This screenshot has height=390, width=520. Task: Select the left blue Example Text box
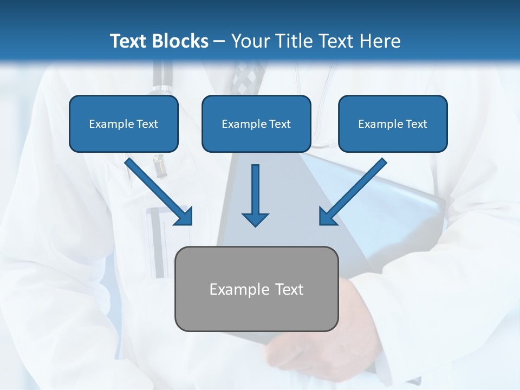pyautogui.click(x=123, y=123)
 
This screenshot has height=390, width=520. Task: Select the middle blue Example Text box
pyautogui.click(x=256, y=123)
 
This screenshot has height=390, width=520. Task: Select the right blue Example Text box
pyautogui.click(x=393, y=123)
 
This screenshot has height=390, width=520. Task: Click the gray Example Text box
pyautogui.click(x=256, y=289)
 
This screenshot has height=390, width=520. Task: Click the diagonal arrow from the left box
pyautogui.click(x=157, y=190)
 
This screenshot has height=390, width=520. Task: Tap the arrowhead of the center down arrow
pyautogui.click(x=255, y=219)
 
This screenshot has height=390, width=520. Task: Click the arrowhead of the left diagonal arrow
pyautogui.click(x=184, y=217)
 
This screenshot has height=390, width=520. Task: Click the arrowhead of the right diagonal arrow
pyautogui.click(x=327, y=217)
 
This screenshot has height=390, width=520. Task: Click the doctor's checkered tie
pyautogui.click(x=248, y=76)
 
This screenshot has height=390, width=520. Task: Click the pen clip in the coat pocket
pyautogui.click(x=159, y=165)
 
